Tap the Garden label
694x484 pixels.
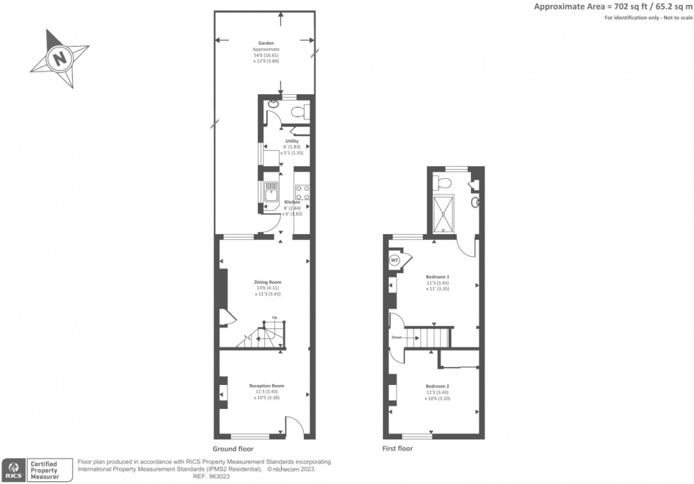266,43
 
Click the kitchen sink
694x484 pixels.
271,192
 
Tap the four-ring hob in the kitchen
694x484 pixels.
301,191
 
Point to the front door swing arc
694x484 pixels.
294,426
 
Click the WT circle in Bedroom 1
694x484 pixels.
394,260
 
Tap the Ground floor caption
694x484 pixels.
232,449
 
